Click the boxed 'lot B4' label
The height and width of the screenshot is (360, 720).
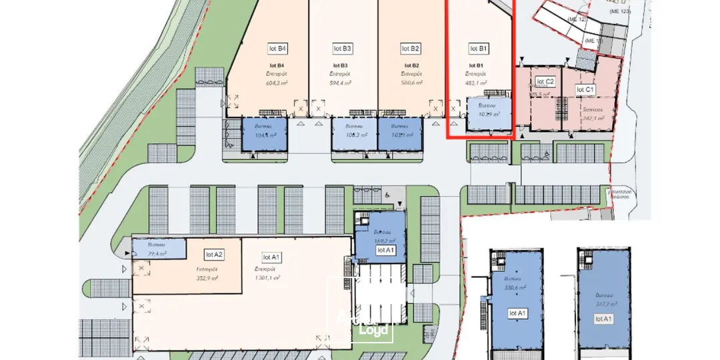tap(277, 49)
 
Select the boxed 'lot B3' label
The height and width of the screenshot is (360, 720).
tap(343, 49)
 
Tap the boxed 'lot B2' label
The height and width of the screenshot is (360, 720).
tap(411, 49)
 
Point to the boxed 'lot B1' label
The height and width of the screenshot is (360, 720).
tap(479, 49)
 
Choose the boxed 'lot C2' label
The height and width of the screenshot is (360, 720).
tap(545, 82)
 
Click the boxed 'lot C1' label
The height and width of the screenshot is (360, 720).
tap(585, 89)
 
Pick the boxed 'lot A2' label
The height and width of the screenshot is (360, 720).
tap(214, 254)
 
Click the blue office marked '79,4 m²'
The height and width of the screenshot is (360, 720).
tap(159, 249)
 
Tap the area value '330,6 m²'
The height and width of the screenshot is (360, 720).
tap(515, 287)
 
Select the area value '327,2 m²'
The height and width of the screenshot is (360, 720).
tap(606, 303)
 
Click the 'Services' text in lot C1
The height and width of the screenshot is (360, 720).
tap(593, 109)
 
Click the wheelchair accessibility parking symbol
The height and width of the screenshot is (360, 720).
tap(387, 195)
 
